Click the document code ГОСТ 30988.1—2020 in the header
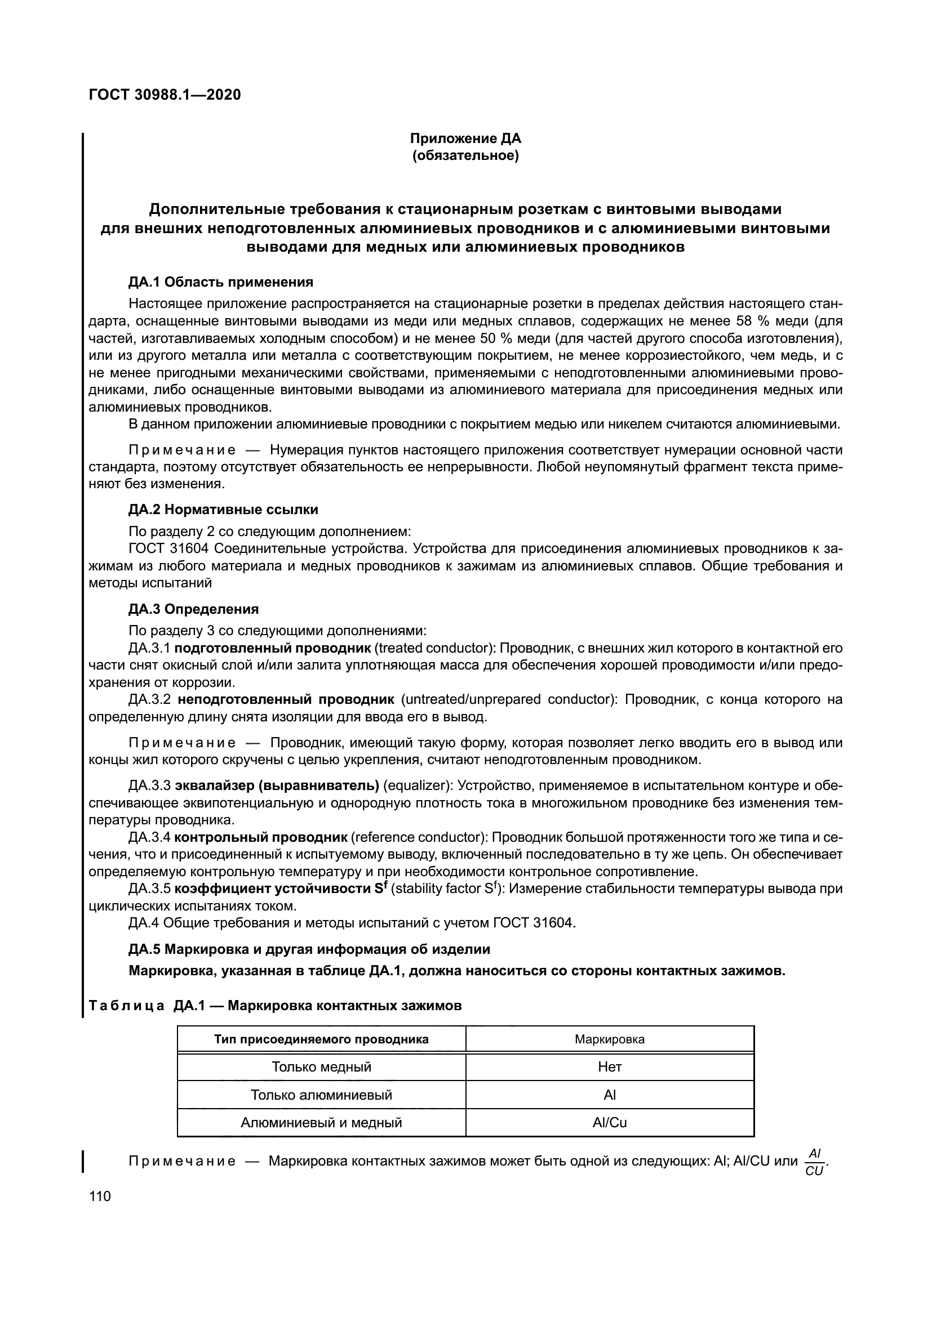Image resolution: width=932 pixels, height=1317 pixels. (165, 95)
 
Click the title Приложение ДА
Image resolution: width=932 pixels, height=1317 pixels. (465, 139)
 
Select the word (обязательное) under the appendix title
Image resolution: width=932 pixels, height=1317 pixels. (465, 156)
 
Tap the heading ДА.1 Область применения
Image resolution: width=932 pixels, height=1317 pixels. (221, 282)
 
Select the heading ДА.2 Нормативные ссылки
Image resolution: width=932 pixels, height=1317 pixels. (223, 510)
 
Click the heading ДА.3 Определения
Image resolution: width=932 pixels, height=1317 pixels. (193, 609)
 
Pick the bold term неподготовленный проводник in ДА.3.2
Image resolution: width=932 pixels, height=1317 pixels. (286, 699)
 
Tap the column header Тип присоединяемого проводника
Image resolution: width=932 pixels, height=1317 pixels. (321, 1039)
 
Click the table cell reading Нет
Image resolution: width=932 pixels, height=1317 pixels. (610, 1067)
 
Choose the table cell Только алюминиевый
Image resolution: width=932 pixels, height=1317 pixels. (321, 1095)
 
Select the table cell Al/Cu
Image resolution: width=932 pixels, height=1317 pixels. (610, 1123)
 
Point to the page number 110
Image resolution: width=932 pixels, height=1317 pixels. (100, 1197)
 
